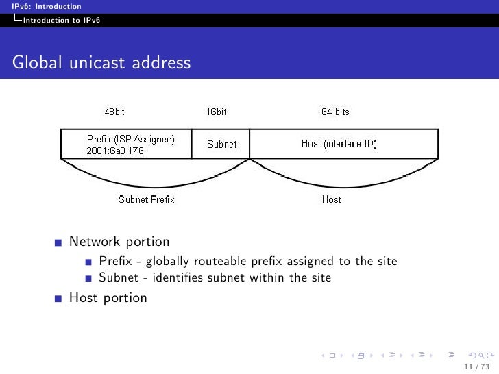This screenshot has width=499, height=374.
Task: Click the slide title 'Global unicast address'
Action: [101, 64]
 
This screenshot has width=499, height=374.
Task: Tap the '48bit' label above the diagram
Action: [114, 112]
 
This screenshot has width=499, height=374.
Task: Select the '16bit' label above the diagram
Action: [217, 112]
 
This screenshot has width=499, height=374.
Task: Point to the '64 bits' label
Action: [335, 112]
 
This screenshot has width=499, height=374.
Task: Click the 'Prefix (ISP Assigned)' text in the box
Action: [130, 138]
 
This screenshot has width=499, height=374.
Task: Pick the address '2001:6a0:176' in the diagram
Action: [115, 151]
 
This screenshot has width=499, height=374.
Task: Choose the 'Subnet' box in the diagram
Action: [221, 145]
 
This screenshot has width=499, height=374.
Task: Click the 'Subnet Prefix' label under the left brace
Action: [147, 199]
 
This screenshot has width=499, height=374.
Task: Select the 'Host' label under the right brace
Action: [331, 199]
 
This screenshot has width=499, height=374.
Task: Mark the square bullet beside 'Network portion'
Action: [59, 242]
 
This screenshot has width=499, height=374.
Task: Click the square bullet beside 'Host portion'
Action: [59, 299]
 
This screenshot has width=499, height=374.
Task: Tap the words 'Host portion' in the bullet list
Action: [108, 298]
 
